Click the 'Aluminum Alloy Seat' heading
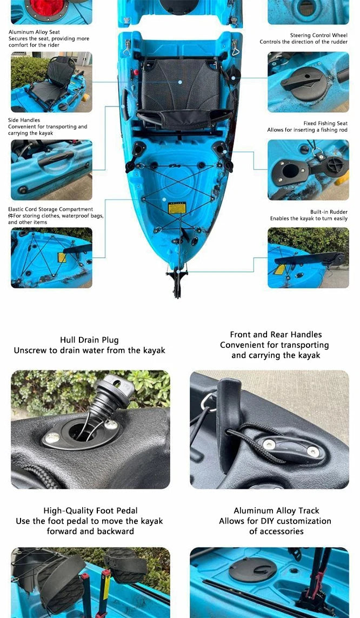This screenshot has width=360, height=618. pyautogui.click(x=34, y=32)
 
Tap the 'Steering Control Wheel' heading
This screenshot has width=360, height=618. pyautogui.click(x=318, y=35)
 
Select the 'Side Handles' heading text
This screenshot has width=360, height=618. pyautogui.click(x=24, y=120)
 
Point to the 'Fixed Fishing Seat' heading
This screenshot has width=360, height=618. pyautogui.click(x=325, y=123)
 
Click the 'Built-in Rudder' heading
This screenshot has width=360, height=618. pyautogui.click(x=329, y=212)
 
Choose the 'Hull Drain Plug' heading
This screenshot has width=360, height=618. pyautogui.click(x=89, y=340)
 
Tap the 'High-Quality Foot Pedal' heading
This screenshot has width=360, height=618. pyautogui.click(x=90, y=510)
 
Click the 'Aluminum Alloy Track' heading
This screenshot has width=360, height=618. pyautogui.click(x=276, y=510)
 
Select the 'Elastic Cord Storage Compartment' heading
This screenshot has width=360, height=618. pyautogui.click(x=50, y=209)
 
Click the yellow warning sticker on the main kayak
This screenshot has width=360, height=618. pyautogui.click(x=177, y=207)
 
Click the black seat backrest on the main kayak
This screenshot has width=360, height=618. pyautogui.click(x=180, y=84)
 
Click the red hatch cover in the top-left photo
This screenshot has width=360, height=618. pyautogui.click(x=46, y=6)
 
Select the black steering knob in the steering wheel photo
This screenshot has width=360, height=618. pyautogui.click(x=302, y=81)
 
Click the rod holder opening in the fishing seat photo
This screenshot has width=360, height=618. pyautogui.click(x=291, y=171)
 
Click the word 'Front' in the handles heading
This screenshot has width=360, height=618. pyautogui.click(x=240, y=334)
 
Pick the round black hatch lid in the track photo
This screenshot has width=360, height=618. pyautogui.click(x=252, y=569)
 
